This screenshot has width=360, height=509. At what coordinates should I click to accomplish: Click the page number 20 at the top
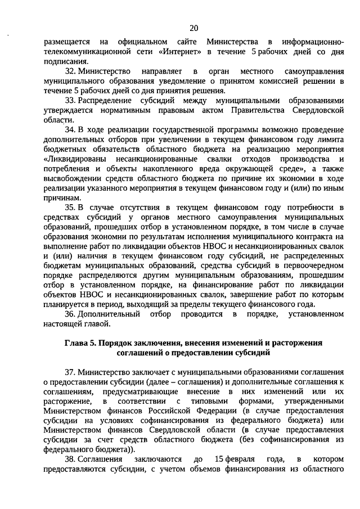tap(194, 28)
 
